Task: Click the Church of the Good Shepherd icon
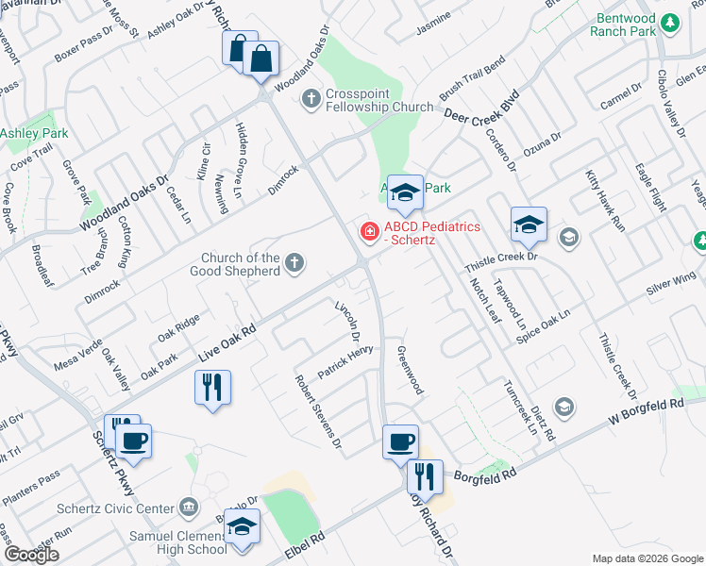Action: pyautogui.click(x=294, y=264)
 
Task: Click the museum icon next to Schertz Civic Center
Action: pyautogui.click(x=189, y=509)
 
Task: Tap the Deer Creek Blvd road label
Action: pyautogui.click(x=482, y=107)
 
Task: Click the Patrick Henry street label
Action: pyautogui.click(x=345, y=362)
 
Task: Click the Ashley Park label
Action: pyautogui.click(x=35, y=134)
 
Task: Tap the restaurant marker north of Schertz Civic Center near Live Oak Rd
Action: pyautogui.click(x=211, y=387)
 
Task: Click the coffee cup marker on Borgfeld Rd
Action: pyautogui.click(x=400, y=441)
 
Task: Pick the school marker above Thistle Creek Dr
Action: pyautogui.click(x=529, y=224)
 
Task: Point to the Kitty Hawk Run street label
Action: pyautogui.click(x=605, y=201)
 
